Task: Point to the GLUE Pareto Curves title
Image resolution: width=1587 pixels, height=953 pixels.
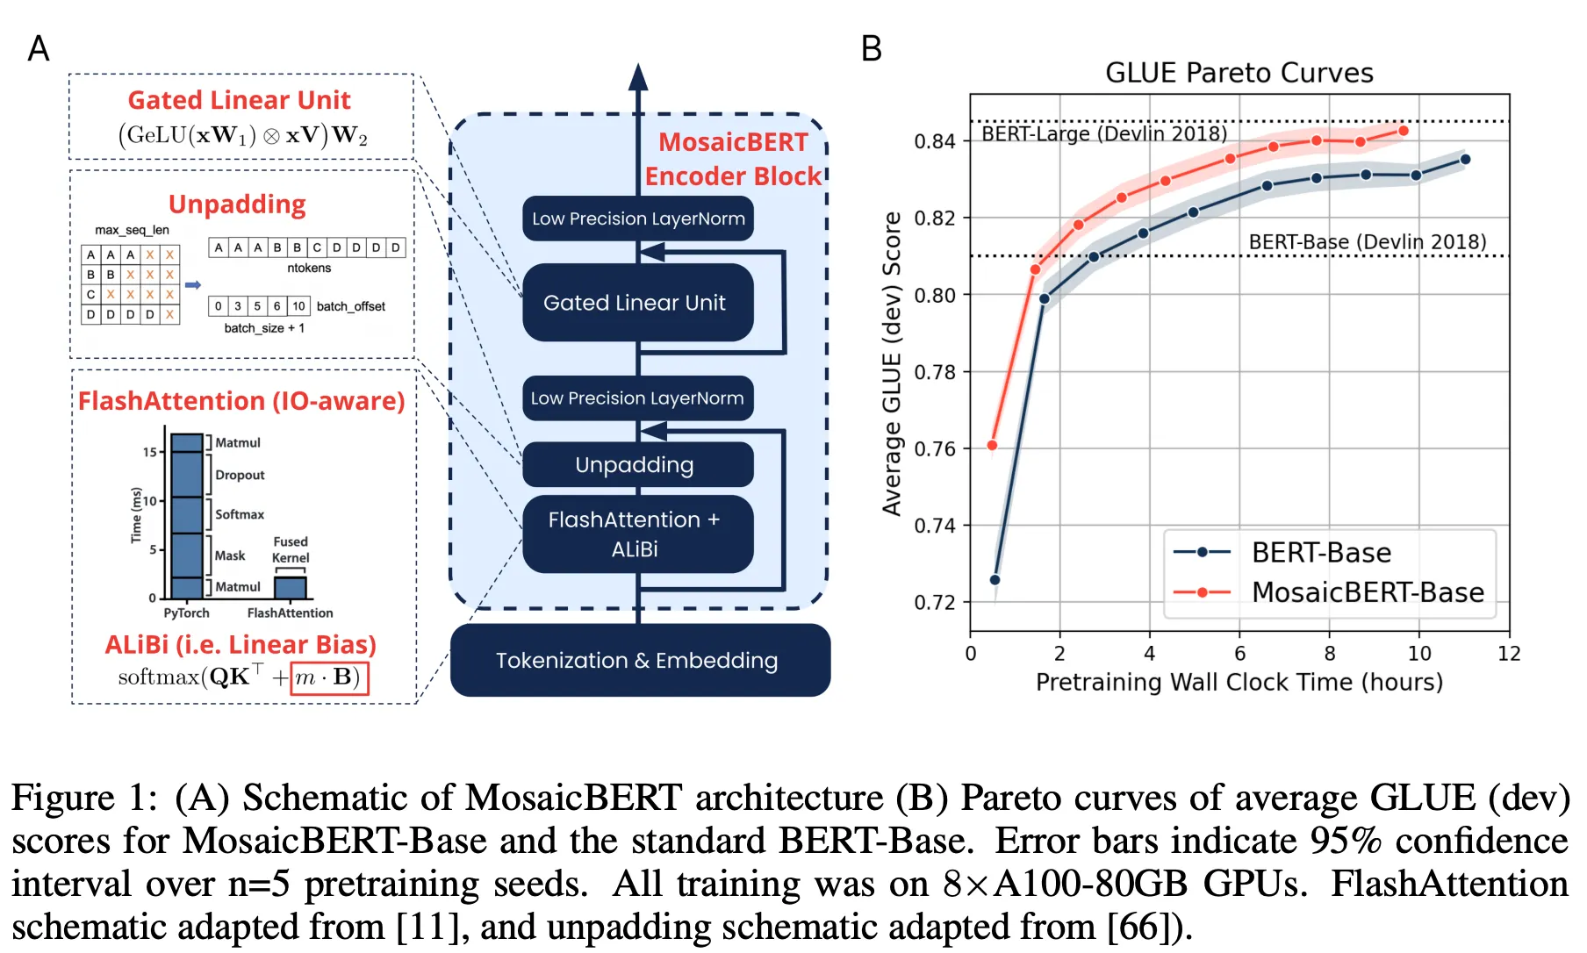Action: (x=1239, y=73)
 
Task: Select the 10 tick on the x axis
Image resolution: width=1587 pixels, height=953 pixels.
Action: (x=1418, y=654)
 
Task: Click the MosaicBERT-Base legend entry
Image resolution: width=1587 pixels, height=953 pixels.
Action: (x=1367, y=592)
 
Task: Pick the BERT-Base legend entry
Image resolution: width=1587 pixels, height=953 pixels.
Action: (x=1321, y=553)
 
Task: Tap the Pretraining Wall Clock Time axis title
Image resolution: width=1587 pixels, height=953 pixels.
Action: (x=1239, y=682)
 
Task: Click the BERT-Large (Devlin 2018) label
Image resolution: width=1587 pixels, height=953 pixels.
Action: (x=1103, y=133)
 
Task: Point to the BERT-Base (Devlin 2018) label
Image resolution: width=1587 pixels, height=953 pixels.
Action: (x=1367, y=241)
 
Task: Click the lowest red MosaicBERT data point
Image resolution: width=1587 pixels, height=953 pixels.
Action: (x=992, y=446)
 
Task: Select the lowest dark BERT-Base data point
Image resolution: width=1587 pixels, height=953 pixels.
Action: (x=995, y=580)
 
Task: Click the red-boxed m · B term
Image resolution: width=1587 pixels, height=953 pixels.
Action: (x=329, y=677)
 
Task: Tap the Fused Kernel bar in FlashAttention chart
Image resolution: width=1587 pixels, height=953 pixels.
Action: (x=291, y=587)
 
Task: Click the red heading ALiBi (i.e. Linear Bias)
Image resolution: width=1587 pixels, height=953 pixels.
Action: (x=241, y=645)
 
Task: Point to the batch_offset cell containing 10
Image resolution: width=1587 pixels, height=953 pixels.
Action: (x=298, y=306)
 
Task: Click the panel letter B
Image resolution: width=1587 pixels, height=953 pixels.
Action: (x=871, y=49)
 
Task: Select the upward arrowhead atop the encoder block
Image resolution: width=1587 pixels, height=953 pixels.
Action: (x=638, y=77)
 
